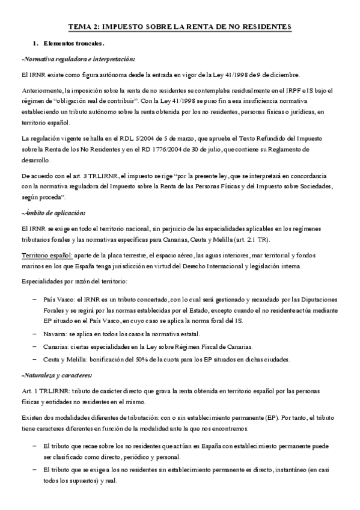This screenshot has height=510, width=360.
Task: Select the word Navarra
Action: (x=56, y=334)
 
